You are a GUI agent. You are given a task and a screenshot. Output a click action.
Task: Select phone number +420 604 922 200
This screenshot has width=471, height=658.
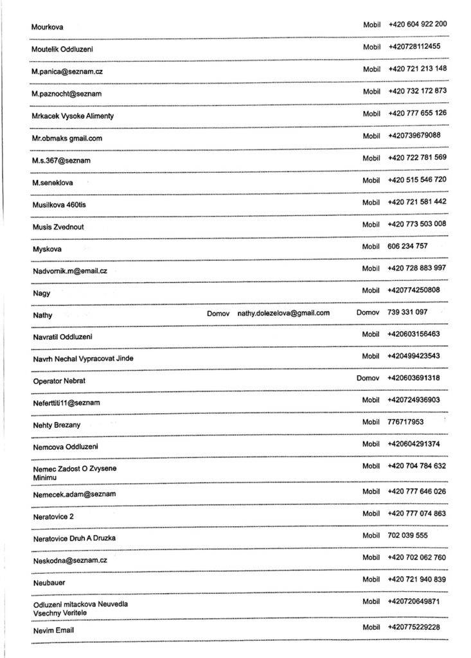tap(417, 24)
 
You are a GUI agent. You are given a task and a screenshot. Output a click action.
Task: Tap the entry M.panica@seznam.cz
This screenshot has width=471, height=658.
tap(67, 71)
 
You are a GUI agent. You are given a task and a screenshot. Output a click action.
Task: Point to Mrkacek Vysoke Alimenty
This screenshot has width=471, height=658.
tap(73, 116)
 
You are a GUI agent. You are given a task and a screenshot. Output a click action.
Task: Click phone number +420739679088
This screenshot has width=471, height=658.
tap(414, 135)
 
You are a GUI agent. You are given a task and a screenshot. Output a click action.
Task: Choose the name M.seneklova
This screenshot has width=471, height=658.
tap(52, 182)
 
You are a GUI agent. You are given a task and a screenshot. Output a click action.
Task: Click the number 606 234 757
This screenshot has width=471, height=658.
tap(407, 246)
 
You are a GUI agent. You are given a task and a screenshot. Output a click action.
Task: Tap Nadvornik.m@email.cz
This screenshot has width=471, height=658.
tap(69, 271)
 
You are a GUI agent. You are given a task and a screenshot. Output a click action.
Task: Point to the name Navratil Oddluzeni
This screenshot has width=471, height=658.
tap(62, 337)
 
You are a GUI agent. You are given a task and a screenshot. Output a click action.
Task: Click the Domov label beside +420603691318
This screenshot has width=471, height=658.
tap(368, 378)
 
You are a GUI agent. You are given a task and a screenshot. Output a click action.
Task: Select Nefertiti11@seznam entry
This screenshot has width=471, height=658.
tap(66, 402)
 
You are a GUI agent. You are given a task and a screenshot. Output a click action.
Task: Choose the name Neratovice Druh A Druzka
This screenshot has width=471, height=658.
tap(74, 537)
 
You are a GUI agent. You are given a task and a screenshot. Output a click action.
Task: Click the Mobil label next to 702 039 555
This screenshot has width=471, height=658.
tap(371, 535)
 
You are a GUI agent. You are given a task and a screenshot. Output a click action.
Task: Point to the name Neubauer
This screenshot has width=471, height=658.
tap(49, 582)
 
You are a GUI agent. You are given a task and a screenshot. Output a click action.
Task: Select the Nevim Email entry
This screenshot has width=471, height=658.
tap(53, 630)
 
